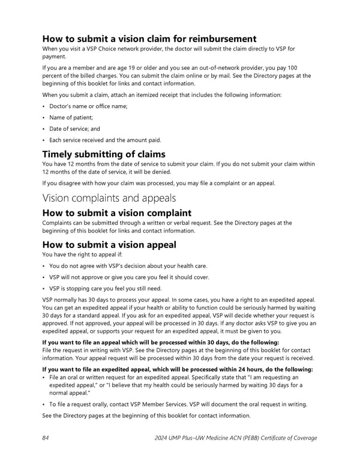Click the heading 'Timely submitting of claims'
103,154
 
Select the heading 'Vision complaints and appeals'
109,198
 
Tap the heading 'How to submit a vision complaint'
116,213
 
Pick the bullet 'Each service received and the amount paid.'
105,140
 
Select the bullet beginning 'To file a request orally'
178,404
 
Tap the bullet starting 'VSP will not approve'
130,276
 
